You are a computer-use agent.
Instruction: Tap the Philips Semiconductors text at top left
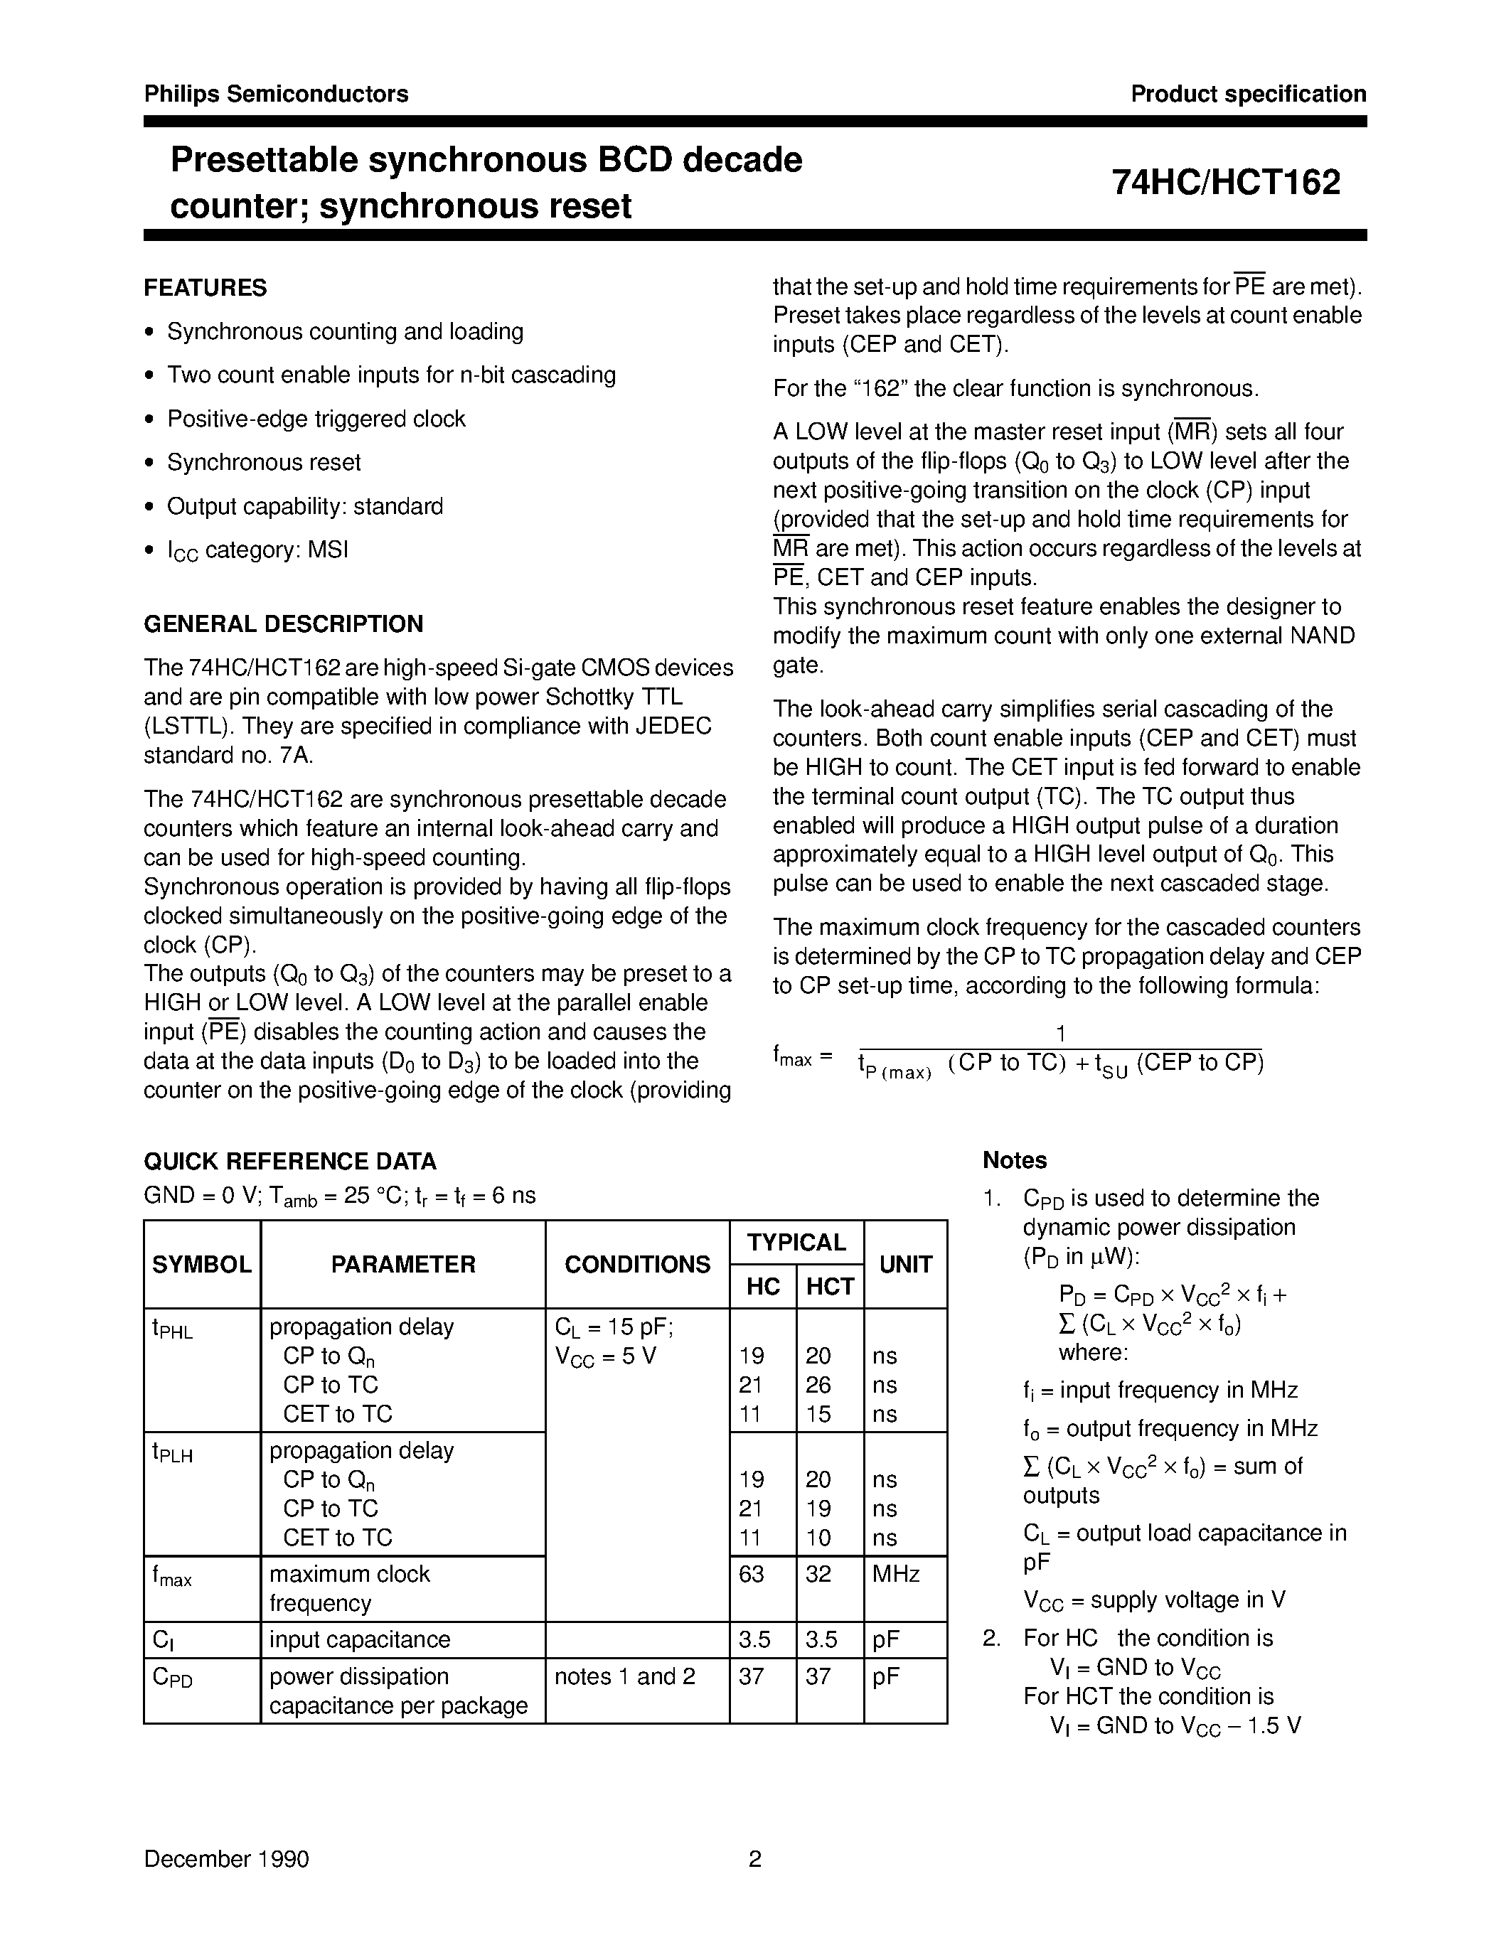(x=276, y=94)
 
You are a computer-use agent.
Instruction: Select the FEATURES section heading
(x=205, y=288)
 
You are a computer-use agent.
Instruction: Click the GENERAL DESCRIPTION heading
(x=283, y=624)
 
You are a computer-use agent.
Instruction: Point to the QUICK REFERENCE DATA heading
(x=290, y=1162)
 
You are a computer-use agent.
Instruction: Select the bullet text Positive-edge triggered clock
(x=316, y=419)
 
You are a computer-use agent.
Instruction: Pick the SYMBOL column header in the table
(x=201, y=1265)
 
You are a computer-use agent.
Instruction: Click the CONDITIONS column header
(x=636, y=1265)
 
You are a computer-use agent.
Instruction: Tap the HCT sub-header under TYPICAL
(x=830, y=1287)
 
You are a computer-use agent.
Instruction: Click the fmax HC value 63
(x=751, y=1574)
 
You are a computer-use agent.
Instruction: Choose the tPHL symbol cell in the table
(x=173, y=1329)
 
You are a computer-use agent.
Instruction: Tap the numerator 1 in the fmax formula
(x=1060, y=1034)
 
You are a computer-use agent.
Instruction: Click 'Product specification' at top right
(x=1248, y=94)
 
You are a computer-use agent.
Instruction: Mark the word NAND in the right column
(x=1323, y=636)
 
